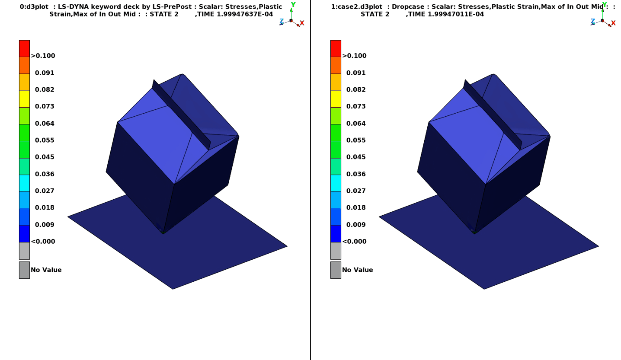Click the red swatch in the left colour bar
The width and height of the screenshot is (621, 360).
[x=24, y=48]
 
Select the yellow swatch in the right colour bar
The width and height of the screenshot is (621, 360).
[x=336, y=99]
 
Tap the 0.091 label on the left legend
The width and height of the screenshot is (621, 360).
[x=45, y=73]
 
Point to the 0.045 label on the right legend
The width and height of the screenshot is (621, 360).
[x=356, y=157]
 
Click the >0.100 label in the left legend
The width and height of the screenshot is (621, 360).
[x=43, y=56]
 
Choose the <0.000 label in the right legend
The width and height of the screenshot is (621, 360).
[x=355, y=242]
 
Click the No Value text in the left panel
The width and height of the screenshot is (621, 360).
[x=46, y=270]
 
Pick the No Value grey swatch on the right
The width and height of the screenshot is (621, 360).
[x=336, y=270]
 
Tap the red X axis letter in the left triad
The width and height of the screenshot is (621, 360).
[x=302, y=23]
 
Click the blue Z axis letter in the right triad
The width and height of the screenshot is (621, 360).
[x=593, y=21]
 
